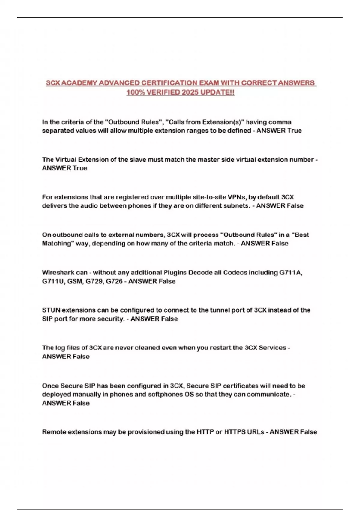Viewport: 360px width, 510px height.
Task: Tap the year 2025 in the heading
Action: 190,92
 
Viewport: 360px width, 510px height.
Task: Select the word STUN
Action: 51,310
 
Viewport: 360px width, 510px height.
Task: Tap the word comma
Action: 280,122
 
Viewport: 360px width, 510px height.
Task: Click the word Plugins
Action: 175,273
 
